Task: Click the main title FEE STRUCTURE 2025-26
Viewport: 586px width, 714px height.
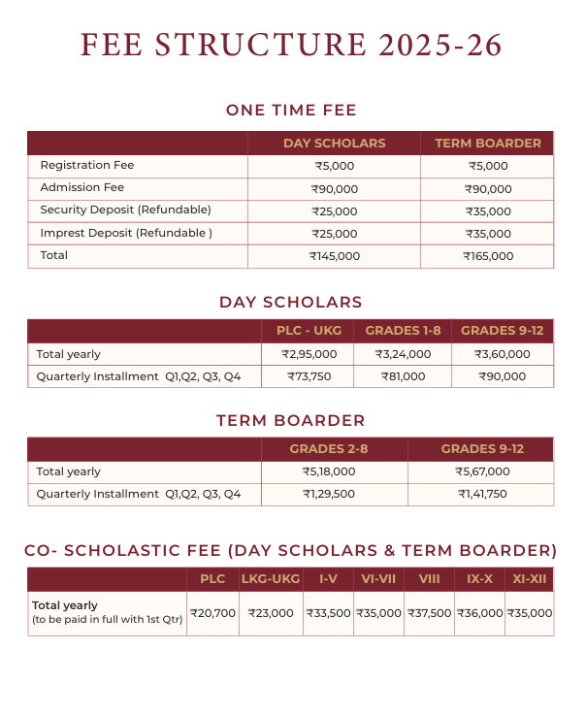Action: pos(292,46)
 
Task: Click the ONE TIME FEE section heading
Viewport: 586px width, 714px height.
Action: pos(291,111)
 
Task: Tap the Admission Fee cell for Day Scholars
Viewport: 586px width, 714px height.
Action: pos(335,189)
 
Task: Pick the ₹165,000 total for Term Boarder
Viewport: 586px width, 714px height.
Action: pos(488,257)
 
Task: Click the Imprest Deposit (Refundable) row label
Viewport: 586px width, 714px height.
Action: pos(126,234)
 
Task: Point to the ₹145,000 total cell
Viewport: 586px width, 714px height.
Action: pos(335,257)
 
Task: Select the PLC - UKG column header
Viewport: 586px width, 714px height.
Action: pos(307,331)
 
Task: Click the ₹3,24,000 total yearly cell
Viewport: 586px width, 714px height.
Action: pos(403,354)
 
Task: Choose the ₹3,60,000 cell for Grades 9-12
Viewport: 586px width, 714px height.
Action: pos(502,354)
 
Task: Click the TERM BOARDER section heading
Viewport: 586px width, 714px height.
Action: pos(291,421)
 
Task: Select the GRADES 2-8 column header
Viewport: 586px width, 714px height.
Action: pos(334,449)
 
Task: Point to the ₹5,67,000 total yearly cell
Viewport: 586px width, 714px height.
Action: pos(482,471)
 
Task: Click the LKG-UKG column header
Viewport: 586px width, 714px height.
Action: pos(270,579)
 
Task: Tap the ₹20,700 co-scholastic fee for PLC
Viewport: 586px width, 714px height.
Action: pos(212,613)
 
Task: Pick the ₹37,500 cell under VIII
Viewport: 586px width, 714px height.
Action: pos(429,613)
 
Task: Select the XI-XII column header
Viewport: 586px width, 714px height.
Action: pos(530,579)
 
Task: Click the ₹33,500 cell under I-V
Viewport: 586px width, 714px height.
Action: pos(328,613)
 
